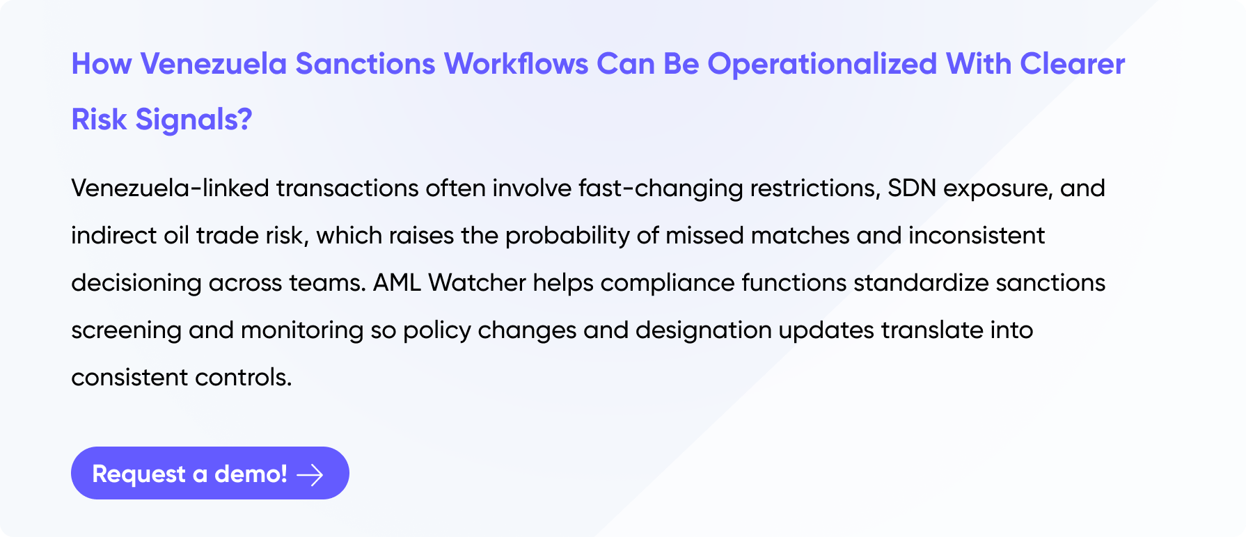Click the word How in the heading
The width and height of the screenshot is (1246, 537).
102,64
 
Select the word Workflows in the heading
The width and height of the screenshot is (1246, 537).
516,64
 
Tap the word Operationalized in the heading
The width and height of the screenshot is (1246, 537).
822,65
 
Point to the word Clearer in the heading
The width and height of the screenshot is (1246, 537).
1073,64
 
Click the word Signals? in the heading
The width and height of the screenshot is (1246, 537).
194,120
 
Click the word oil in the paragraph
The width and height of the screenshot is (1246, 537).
176,236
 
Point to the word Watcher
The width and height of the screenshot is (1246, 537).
477,283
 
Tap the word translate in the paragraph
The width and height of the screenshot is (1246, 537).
932,330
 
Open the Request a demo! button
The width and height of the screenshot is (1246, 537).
210,473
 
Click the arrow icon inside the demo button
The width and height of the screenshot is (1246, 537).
310,474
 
